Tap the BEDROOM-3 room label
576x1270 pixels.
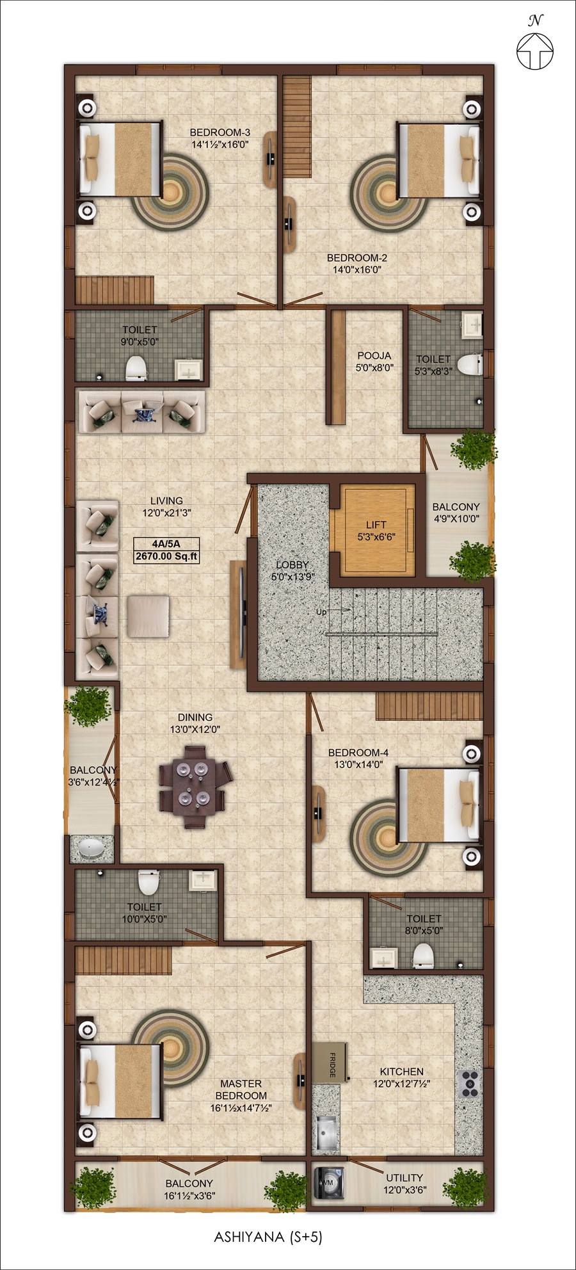220,133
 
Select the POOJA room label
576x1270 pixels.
374,355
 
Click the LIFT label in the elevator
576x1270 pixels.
376,525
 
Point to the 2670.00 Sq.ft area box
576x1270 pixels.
166,556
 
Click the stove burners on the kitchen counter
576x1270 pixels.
469,1084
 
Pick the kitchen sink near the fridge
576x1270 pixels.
328,1132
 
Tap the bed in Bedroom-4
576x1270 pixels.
439,805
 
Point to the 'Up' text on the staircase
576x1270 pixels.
321,612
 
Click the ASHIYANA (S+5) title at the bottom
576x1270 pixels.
268,1237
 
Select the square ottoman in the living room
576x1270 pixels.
148,616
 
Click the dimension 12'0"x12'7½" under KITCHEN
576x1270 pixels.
401,1084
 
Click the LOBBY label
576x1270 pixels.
292,565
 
